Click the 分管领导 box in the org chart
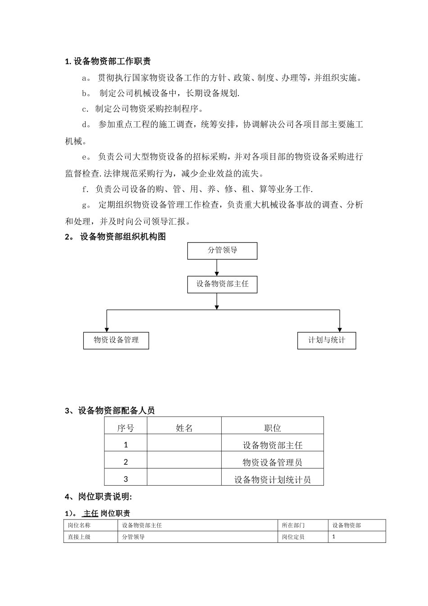coord(222,251)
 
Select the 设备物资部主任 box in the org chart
coord(222,285)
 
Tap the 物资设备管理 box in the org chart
coord(116,340)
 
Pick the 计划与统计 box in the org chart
coord(327,340)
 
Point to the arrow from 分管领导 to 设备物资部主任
coord(217,268)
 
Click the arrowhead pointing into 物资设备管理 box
coord(106,329)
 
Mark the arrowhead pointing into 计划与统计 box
coord(339,329)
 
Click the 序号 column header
coord(126,427)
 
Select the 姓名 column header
coord(184,427)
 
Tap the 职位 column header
coord(273,427)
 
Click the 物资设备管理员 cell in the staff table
coord(273,462)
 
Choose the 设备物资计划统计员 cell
coord(273,479)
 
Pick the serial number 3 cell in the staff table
coord(126,479)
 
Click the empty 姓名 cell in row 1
coord(184,445)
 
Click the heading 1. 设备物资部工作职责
coord(108,61)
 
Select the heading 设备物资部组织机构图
coord(123,237)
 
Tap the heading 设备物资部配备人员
coord(116,410)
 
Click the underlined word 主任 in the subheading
coord(91,513)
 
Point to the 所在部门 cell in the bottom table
coord(293,525)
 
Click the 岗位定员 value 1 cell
coord(357,537)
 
